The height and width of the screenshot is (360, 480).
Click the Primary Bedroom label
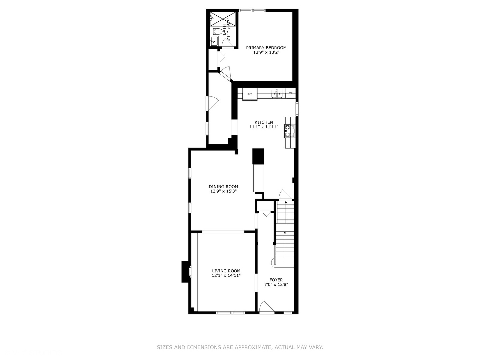pos(266,48)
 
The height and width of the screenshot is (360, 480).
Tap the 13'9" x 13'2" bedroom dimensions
pos(266,52)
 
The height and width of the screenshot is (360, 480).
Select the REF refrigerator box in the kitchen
pos(250,94)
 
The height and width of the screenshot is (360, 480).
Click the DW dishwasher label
pos(290,93)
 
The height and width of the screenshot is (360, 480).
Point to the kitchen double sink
pos(277,95)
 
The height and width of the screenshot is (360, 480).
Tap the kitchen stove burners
pos(290,131)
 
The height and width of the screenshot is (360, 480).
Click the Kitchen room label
pos(264,122)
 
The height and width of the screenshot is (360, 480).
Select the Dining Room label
pos(223,187)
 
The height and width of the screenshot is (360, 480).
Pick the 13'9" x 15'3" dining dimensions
pos(223,191)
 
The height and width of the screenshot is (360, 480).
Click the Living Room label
pos(226,271)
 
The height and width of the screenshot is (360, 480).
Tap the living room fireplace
pos(185,272)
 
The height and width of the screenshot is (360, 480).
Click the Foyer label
pos(276,280)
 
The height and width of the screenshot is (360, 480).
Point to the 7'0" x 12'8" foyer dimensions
pos(276,285)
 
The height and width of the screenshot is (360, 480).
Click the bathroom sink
pos(213,41)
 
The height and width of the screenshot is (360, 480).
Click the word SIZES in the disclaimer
pos(164,347)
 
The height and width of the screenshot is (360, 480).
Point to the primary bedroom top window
pos(252,10)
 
